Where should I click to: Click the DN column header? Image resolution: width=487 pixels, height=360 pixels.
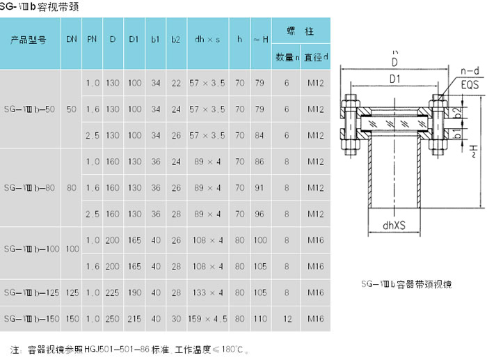(x=72, y=40)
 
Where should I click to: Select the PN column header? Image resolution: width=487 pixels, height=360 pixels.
(x=92, y=40)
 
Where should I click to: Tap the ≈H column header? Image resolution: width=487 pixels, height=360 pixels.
(x=260, y=40)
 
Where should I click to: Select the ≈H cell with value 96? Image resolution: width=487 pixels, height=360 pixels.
(x=260, y=214)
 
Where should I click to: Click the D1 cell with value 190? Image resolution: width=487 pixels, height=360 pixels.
(x=134, y=292)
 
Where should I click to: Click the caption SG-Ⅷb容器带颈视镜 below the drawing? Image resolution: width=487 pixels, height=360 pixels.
(x=407, y=285)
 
